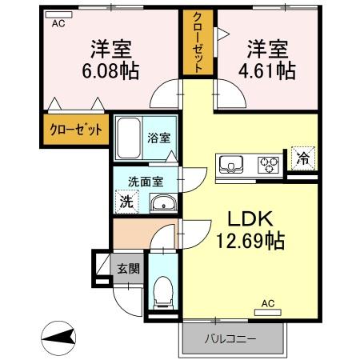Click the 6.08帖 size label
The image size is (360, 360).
click(x=109, y=70)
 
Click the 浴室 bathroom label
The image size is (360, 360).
click(x=157, y=137)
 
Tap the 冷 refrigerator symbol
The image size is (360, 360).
click(x=302, y=158)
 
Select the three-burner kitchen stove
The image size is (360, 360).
click(x=269, y=165)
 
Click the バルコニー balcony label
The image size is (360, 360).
click(x=234, y=338)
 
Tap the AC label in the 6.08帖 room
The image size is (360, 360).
click(x=58, y=24)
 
